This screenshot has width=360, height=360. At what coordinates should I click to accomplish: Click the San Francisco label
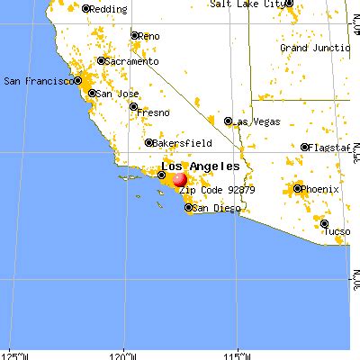(37, 81)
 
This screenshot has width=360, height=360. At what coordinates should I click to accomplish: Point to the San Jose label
(117, 94)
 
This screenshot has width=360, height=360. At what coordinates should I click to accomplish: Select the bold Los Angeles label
(200, 166)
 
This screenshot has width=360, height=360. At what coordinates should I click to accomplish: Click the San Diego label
(214, 208)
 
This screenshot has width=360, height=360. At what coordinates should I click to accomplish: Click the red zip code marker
(180, 190)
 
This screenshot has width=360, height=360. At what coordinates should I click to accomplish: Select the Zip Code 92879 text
(217, 191)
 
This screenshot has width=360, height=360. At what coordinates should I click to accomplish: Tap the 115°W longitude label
(238, 354)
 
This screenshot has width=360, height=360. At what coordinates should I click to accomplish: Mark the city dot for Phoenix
(298, 189)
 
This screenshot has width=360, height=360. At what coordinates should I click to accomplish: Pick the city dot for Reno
(134, 36)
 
